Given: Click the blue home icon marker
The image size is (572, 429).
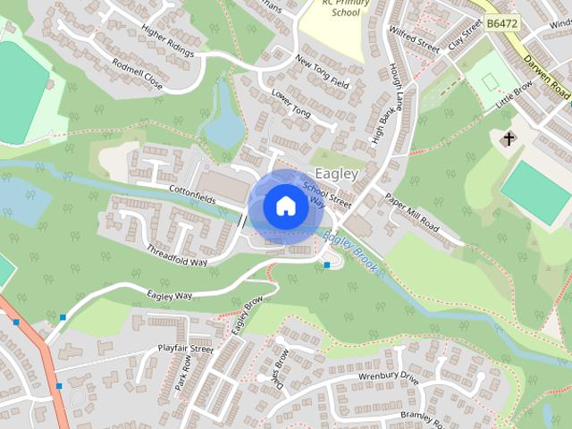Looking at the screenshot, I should tap(284, 206).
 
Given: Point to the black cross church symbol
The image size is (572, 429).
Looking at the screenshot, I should tap(509, 139).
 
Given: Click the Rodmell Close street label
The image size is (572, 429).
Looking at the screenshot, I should tap(138, 74).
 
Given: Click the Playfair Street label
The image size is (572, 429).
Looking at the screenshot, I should tap(185, 349).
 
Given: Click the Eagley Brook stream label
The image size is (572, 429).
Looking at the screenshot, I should tap(351, 252).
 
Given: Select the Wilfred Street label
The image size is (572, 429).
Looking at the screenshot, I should tap(412, 41).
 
